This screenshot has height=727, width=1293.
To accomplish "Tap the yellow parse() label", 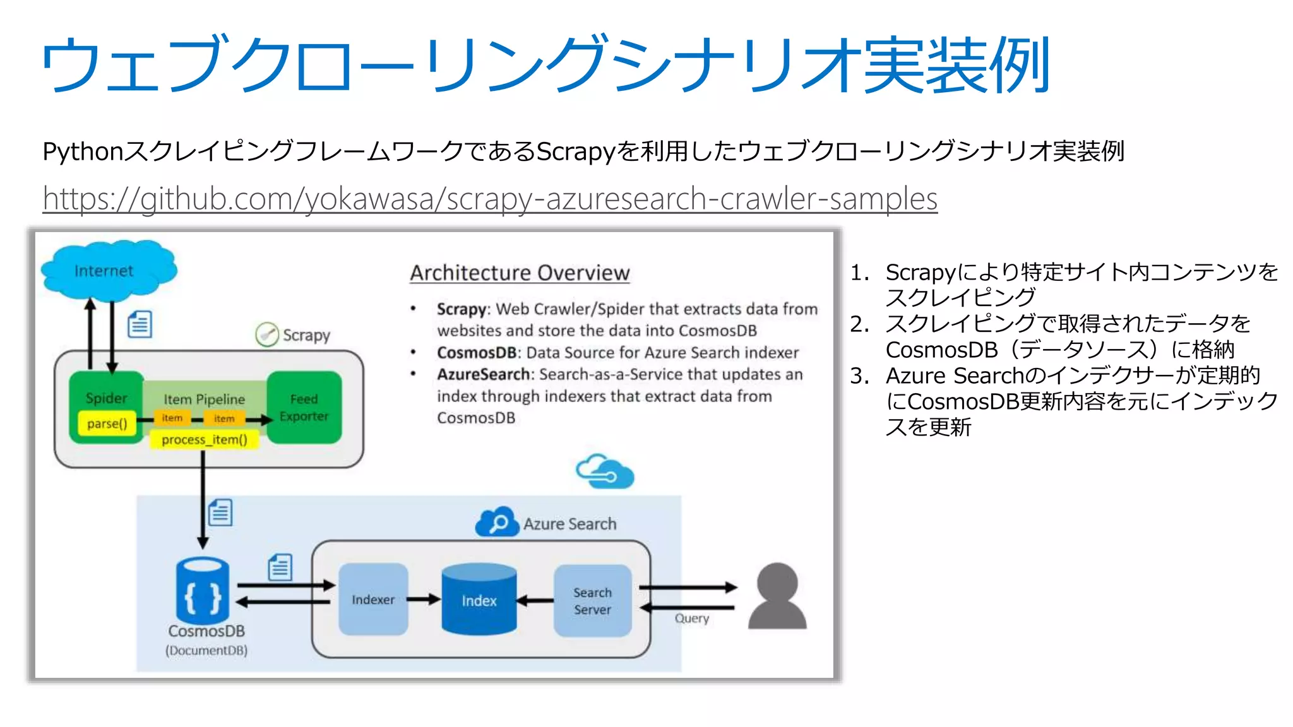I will [107, 423].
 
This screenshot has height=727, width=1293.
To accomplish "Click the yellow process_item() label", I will [204, 440].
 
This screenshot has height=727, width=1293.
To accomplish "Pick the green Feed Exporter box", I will [304, 408].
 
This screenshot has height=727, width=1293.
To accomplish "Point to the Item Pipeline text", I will [204, 399].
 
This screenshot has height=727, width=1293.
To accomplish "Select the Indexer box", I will [372, 599].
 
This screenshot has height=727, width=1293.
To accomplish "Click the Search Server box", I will [592, 601].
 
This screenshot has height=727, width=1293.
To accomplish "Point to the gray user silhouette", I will [777, 596].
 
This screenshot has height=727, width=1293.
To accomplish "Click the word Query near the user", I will [691, 618].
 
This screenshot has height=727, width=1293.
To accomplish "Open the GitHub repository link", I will [490, 199].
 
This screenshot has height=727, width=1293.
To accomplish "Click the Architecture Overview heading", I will [520, 273].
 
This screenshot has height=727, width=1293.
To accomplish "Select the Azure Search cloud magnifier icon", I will [497, 523].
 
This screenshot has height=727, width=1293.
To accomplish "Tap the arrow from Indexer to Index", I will [424, 599].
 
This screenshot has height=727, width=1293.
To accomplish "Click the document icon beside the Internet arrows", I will [140, 325].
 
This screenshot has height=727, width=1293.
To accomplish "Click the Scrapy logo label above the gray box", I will [294, 334].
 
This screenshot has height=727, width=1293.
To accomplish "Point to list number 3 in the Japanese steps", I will [859, 376].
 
